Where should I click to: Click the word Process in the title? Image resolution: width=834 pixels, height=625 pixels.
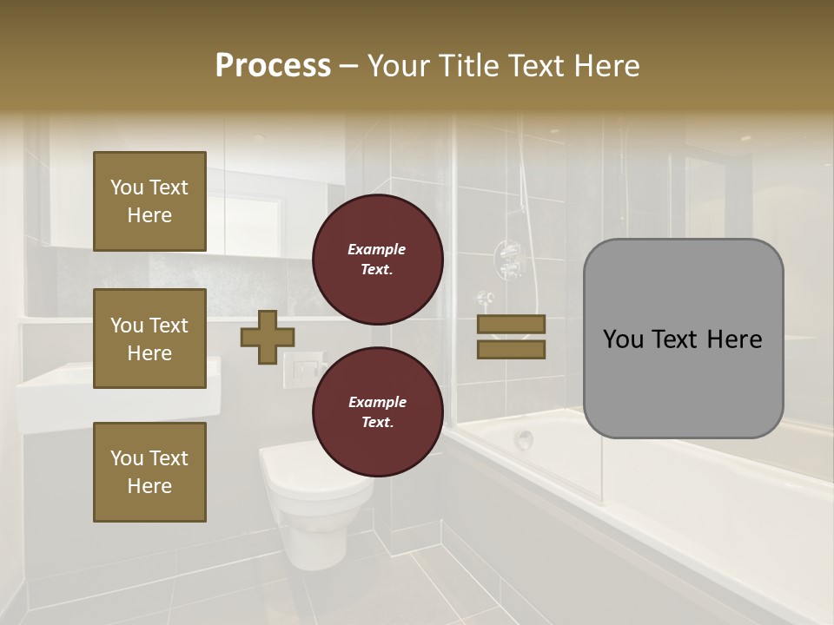pos(273,66)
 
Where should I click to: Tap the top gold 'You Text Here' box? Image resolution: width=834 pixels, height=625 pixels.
pos(149,201)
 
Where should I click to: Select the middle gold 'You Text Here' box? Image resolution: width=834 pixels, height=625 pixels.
pos(149,339)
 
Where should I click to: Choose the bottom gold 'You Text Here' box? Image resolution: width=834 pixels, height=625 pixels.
pos(149,472)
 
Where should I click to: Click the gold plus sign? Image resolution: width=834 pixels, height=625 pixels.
pos(267,337)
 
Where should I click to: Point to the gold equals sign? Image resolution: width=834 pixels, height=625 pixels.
pos(511,337)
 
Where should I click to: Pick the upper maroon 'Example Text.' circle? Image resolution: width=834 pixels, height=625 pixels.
pos(377,260)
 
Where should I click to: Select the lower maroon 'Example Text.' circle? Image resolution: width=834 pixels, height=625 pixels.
pos(377,412)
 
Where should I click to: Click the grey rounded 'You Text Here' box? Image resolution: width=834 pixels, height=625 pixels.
pos(683,339)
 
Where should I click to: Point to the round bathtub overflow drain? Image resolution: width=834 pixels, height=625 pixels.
pos(524,439)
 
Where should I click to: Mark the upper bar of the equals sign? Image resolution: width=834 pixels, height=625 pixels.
pos(511,325)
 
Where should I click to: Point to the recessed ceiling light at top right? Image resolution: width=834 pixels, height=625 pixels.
pos(745,137)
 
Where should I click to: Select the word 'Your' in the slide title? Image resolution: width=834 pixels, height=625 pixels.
pos(400,66)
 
